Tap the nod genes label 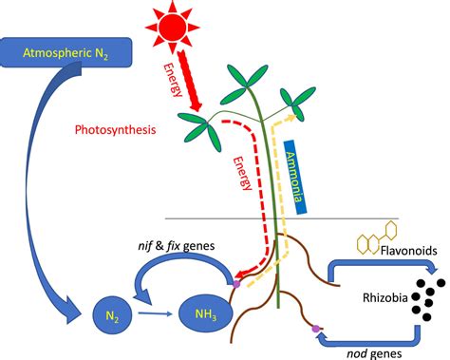369,350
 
